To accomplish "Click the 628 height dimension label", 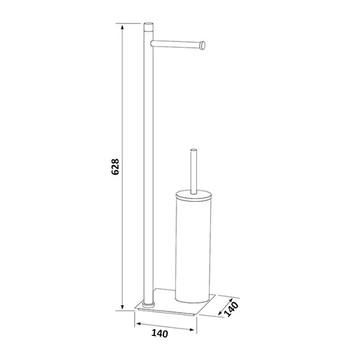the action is pos(115,167).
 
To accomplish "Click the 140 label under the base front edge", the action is pos(160,333).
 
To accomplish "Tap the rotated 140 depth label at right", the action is pos(231,309).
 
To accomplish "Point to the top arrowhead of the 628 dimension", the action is pos(122,27).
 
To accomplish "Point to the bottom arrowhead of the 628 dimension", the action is pos(122,306).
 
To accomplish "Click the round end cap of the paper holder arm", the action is pos(203,45).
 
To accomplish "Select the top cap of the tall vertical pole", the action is pos(149,23).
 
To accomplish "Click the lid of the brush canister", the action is pos(193,195).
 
